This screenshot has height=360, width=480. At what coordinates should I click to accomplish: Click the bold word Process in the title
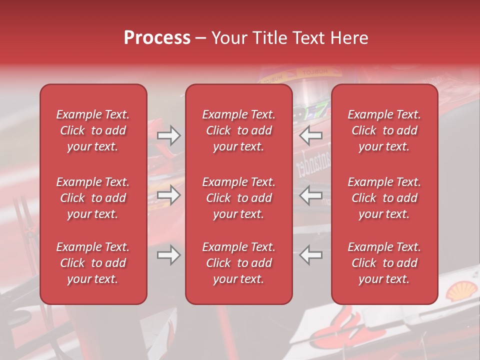pos(157,38)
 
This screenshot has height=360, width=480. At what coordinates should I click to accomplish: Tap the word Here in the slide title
pos(348,38)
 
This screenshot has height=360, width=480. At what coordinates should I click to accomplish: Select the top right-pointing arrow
pos(168,135)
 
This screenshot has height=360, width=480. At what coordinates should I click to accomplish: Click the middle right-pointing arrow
pos(168,195)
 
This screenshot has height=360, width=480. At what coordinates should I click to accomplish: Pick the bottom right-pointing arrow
pos(168,255)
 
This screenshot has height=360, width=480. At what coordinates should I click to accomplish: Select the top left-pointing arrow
pos(310,135)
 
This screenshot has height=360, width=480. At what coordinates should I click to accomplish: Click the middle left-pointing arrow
pos(310,195)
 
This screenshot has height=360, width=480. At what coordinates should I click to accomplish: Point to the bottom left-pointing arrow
pos(310,255)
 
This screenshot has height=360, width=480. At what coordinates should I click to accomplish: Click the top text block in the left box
pos(93,130)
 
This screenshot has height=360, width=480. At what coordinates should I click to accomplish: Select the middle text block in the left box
pos(93,198)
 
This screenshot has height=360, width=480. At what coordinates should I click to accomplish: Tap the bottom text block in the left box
pos(93,263)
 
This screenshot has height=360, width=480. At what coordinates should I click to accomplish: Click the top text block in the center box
pos(238,130)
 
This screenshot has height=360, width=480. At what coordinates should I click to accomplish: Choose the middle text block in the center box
pos(238,198)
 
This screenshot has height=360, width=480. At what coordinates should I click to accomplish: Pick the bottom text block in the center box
pos(238,263)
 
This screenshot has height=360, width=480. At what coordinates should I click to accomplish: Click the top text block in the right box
pos(384,130)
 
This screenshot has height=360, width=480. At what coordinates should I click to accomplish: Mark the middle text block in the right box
pos(384,198)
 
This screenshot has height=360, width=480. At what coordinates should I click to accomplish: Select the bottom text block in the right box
pos(384,263)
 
